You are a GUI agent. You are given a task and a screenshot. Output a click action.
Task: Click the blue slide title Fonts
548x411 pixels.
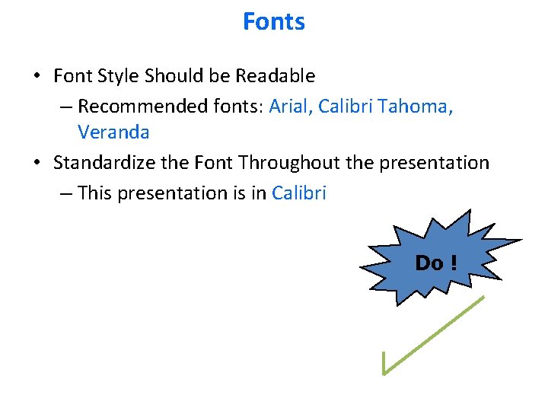pos(274,21)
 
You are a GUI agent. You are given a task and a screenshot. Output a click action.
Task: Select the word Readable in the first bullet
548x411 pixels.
pos(275,76)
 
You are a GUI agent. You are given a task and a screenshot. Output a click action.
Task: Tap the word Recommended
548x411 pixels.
pos(133,106)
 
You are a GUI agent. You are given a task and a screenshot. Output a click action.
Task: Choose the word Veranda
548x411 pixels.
pos(113,132)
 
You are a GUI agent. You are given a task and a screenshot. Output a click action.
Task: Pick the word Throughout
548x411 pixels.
pos(293,163)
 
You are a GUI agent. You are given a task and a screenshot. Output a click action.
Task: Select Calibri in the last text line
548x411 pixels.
pos(299,193)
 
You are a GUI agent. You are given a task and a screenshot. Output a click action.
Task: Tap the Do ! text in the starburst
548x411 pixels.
pos(436,263)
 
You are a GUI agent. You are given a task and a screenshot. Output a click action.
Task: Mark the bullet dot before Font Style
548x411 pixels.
pos(37,77)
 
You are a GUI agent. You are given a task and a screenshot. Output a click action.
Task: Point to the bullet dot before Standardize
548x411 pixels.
pos(37,164)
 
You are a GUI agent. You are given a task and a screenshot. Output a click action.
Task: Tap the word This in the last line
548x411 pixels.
pos(94,193)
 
